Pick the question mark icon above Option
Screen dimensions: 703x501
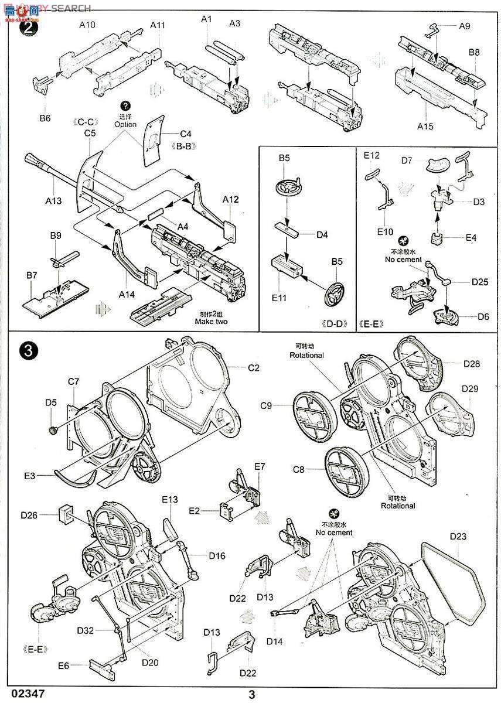[125, 105]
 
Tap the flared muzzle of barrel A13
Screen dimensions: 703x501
[34, 160]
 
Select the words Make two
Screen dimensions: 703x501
[213, 322]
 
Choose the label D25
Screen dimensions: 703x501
[480, 282]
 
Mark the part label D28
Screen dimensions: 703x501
[471, 364]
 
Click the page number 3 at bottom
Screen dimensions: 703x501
[252, 695]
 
